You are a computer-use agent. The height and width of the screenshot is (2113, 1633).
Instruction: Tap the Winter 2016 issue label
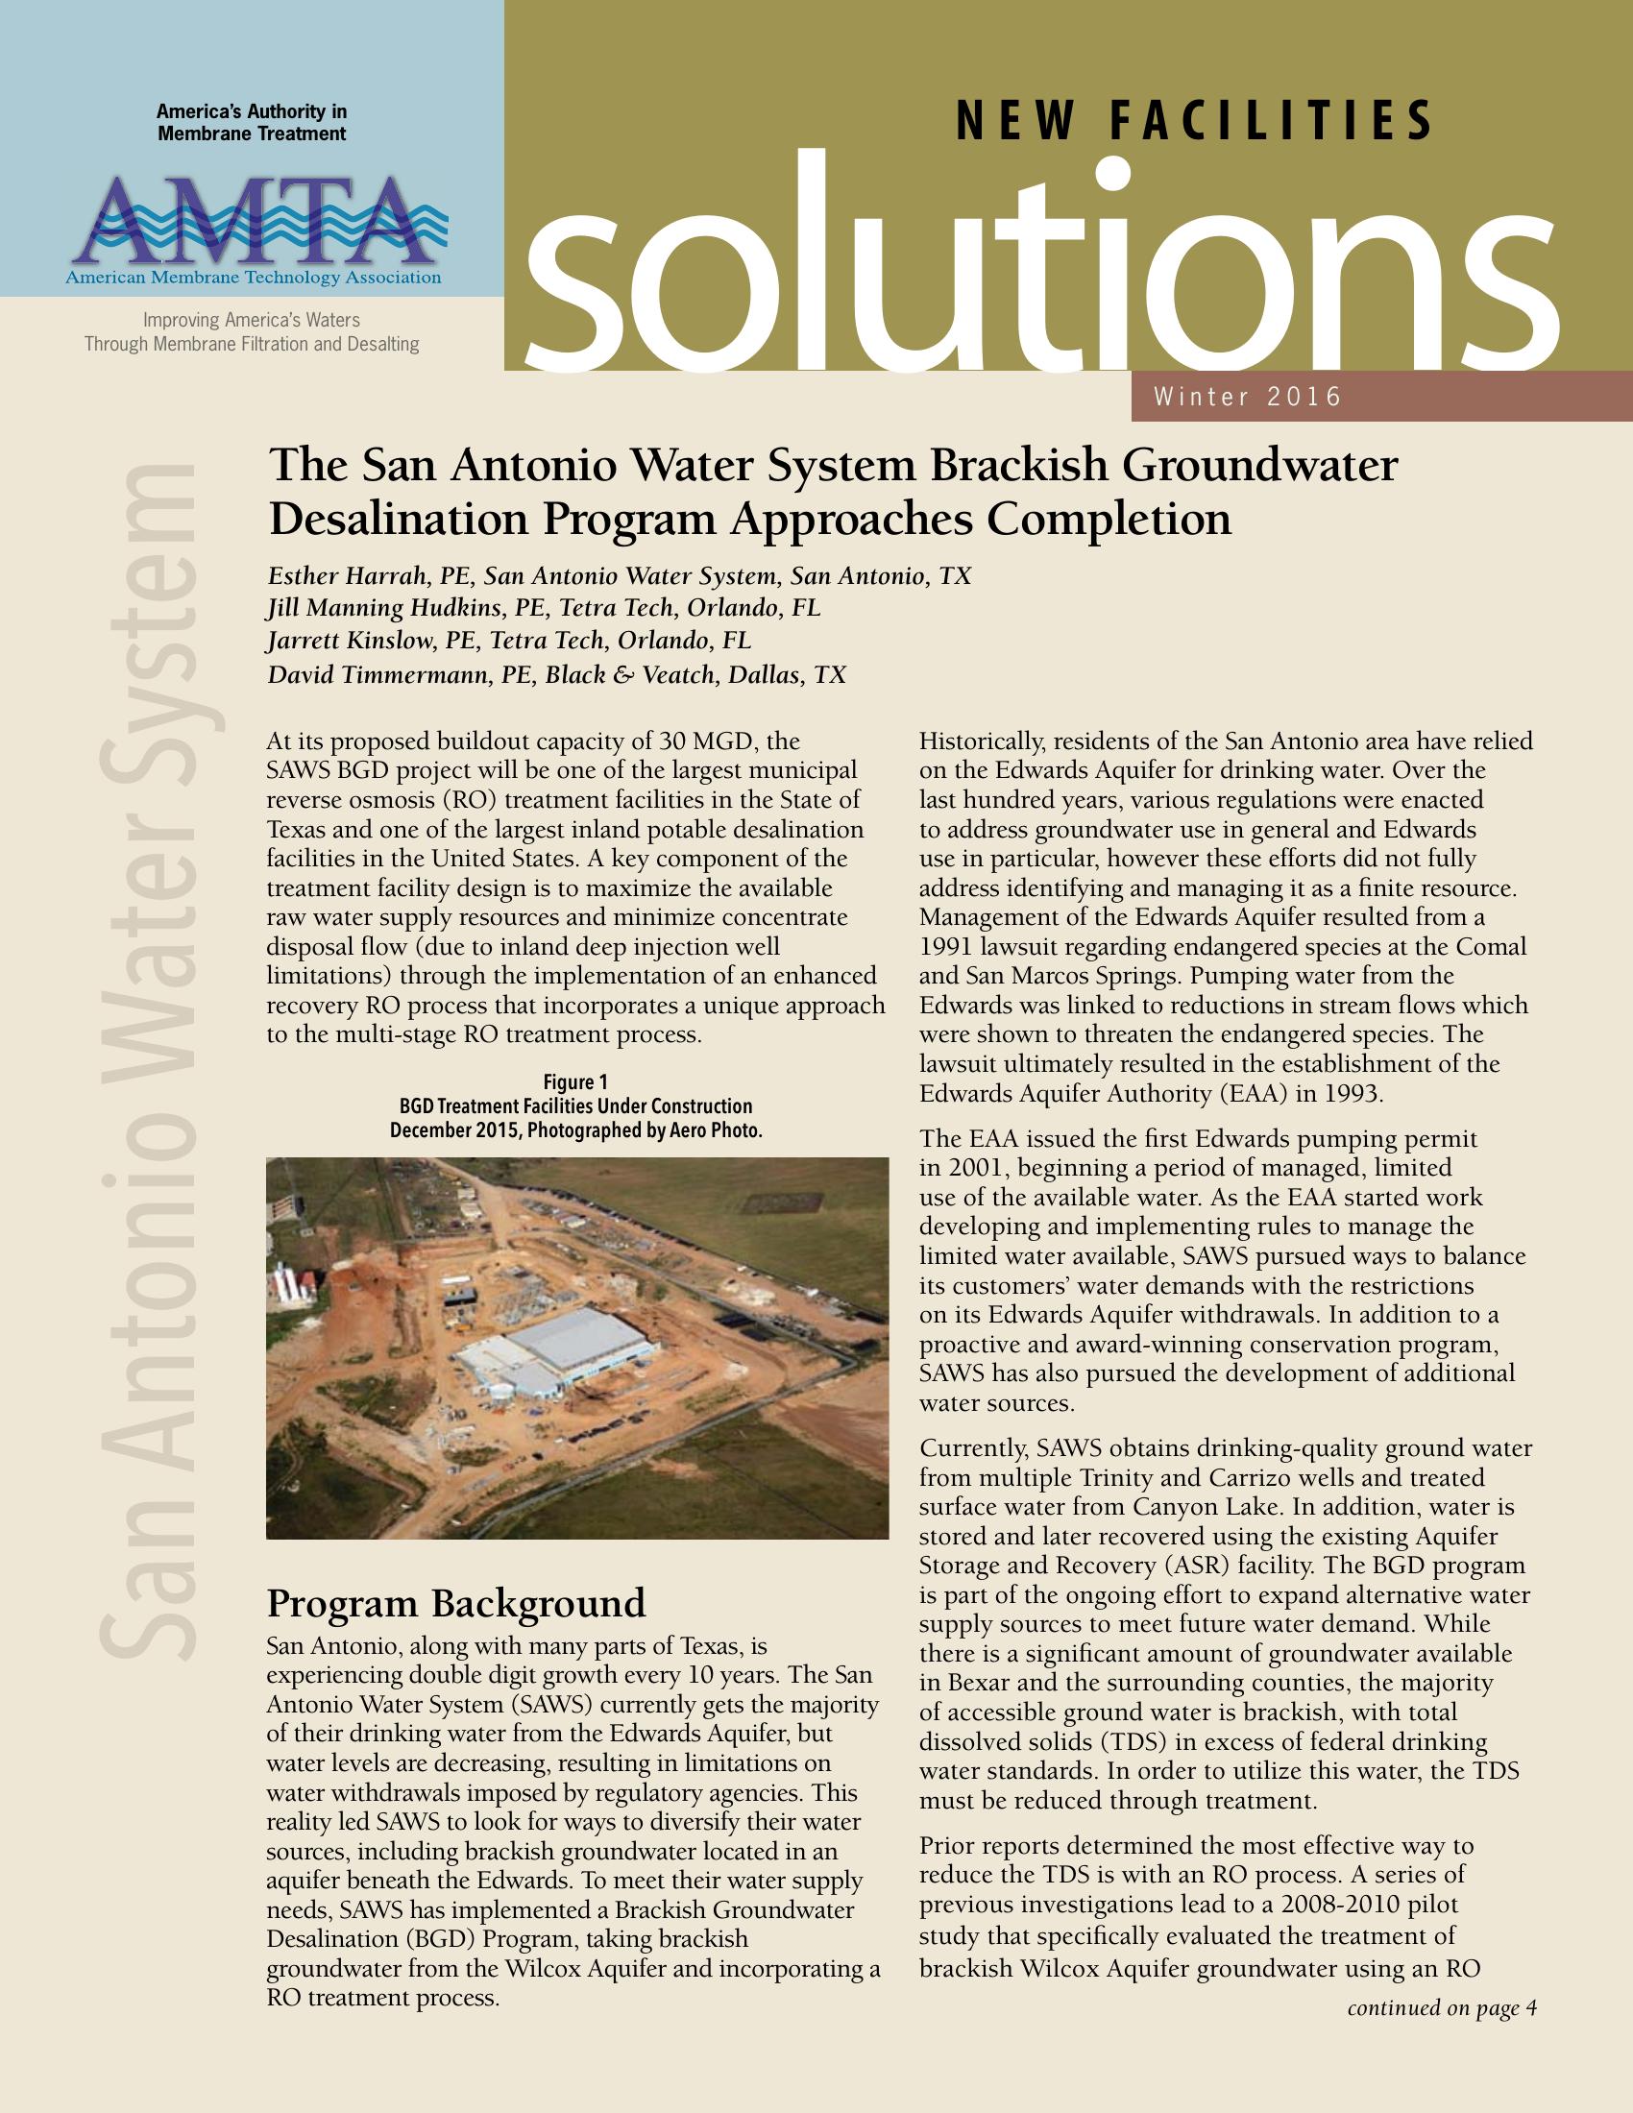tap(1247, 397)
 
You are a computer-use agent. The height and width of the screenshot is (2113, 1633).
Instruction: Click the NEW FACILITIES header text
tap(1194, 122)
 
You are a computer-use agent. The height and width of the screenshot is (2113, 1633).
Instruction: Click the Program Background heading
tap(455, 1603)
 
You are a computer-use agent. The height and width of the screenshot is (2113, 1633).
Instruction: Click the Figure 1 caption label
tap(575, 1081)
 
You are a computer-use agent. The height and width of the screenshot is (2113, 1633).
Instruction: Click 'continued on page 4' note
tap(1442, 2007)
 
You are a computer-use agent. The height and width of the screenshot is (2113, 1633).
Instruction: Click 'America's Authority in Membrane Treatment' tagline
tap(252, 123)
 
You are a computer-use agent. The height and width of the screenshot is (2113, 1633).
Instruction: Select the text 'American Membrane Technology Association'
tap(254, 279)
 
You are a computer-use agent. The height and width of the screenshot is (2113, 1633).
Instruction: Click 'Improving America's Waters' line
tap(252, 319)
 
